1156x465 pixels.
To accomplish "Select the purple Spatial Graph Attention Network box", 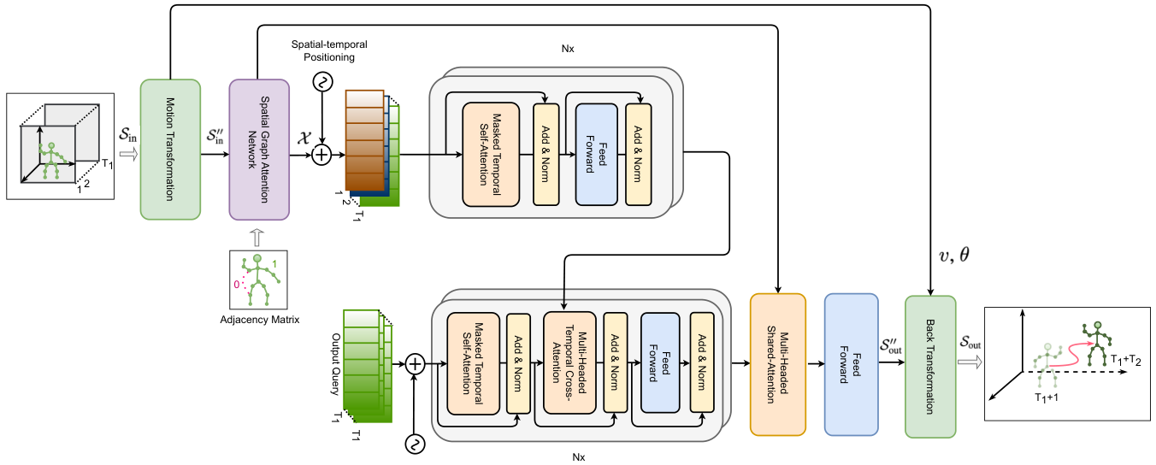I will pos(259,150).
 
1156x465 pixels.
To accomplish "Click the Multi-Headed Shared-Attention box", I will pos(778,364).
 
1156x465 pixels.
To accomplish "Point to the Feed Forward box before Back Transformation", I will pos(851,364).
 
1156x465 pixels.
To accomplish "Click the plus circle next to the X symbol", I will pos(321,155).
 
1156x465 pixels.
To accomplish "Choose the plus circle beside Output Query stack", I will pos(414,364).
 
